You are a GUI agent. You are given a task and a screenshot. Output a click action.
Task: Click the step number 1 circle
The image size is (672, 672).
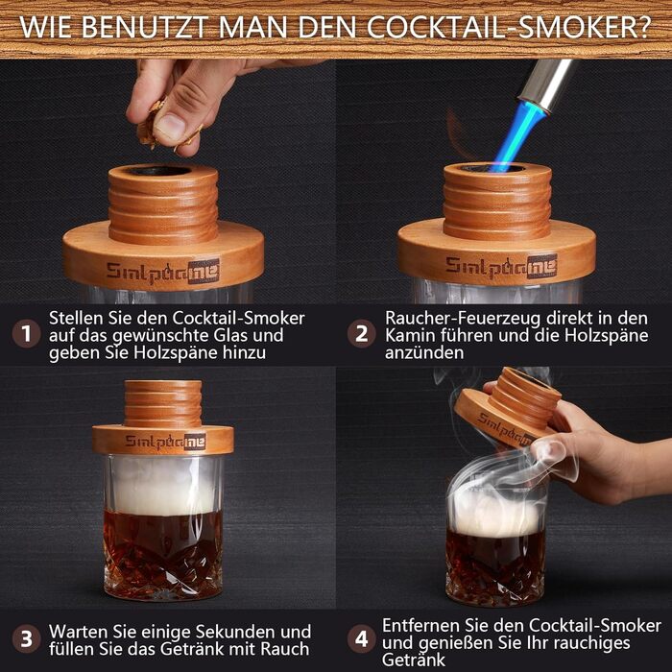(x=26, y=334)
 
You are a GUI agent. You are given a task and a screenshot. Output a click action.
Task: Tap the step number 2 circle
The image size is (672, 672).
(x=361, y=334)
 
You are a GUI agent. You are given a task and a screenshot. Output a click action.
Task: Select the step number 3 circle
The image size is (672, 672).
(x=26, y=639)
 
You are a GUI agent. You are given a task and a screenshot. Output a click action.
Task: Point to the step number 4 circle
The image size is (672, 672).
(x=361, y=639)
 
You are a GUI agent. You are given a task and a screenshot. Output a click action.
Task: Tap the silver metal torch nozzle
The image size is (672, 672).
(x=545, y=84)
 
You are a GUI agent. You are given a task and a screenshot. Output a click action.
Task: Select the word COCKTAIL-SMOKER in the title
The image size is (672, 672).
(x=508, y=28)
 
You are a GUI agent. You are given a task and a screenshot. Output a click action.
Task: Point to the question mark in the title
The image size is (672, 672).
(x=643, y=28)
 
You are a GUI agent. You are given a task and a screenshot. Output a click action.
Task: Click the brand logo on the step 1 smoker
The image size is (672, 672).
(x=163, y=272)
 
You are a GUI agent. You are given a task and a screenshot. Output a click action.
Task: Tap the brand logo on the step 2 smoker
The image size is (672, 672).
(x=501, y=267)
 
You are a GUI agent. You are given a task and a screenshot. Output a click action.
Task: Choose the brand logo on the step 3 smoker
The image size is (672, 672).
(x=165, y=442)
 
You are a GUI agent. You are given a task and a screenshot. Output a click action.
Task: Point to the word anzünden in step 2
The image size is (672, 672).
(x=424, y=353)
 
